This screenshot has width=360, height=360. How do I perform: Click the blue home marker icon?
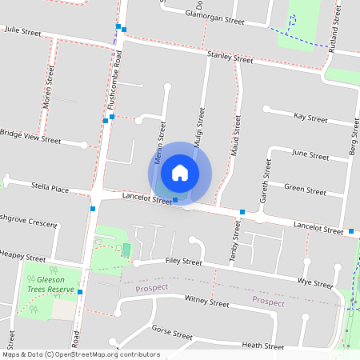[x=180, y=172]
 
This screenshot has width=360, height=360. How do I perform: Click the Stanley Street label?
[x=230, y=57]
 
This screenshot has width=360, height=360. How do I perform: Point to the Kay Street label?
[x=310, y=118]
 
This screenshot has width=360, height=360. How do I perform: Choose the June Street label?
[x=310, y=154]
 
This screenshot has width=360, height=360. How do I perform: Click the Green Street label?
[x=305, y=190]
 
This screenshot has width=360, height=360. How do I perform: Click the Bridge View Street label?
[x=30, y=136]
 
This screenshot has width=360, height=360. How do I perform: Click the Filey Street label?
[x=184, y=261]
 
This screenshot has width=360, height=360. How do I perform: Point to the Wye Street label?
[x=314, y=283]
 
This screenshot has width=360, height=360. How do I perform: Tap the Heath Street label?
[x=262, y=346]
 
